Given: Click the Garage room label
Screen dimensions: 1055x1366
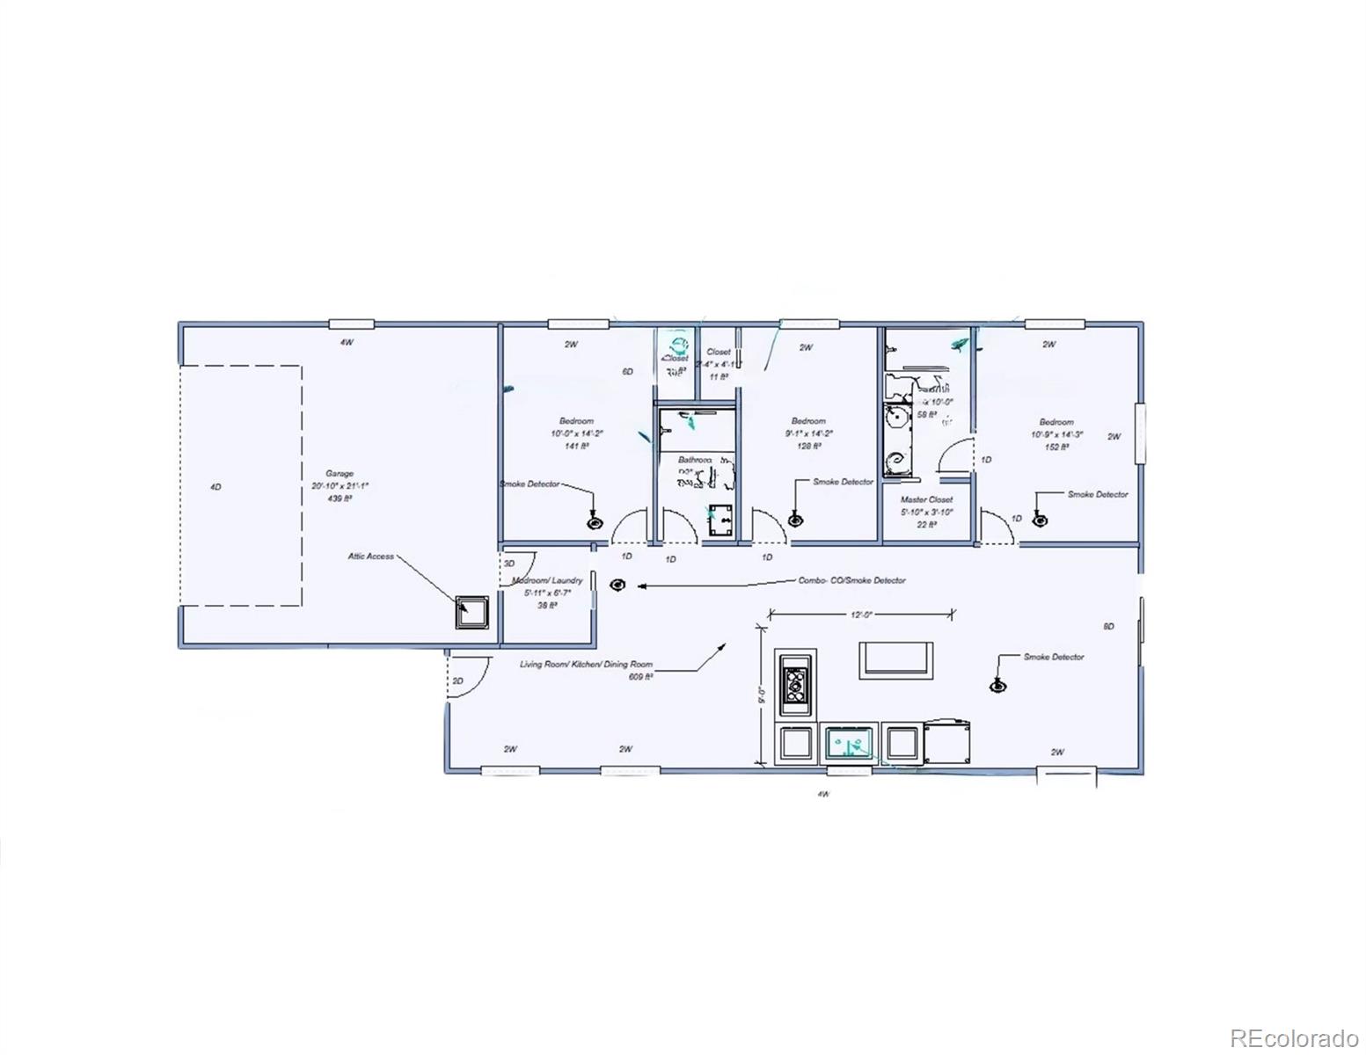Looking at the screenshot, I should [x=339, y=473].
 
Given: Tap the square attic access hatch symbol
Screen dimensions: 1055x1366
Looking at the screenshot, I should [x=471, y=612].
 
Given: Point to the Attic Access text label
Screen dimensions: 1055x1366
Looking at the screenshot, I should [x=370, y=556].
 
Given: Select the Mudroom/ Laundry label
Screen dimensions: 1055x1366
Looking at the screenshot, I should [x=547, y=580].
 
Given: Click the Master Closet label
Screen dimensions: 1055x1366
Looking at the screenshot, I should [x=926, y=499].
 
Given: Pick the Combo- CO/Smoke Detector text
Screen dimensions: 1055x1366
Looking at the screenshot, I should [x=851, y=580].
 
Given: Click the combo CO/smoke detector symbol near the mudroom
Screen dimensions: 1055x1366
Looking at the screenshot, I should [x=617, y=585].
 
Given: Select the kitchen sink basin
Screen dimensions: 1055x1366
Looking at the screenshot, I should [x=850, y=744].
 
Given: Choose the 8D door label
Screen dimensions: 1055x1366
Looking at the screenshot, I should [x=1108, y=626].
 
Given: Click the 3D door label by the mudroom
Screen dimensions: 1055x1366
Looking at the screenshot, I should [x=509, y=562].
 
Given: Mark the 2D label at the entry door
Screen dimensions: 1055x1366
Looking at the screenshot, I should [x=457, y=680].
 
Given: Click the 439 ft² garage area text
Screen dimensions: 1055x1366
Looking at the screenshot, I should [x=339, y=498].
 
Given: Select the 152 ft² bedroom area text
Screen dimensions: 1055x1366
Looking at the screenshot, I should [x=1056, y=447].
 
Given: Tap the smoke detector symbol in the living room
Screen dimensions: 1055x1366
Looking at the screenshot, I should [x=998, y=686].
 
